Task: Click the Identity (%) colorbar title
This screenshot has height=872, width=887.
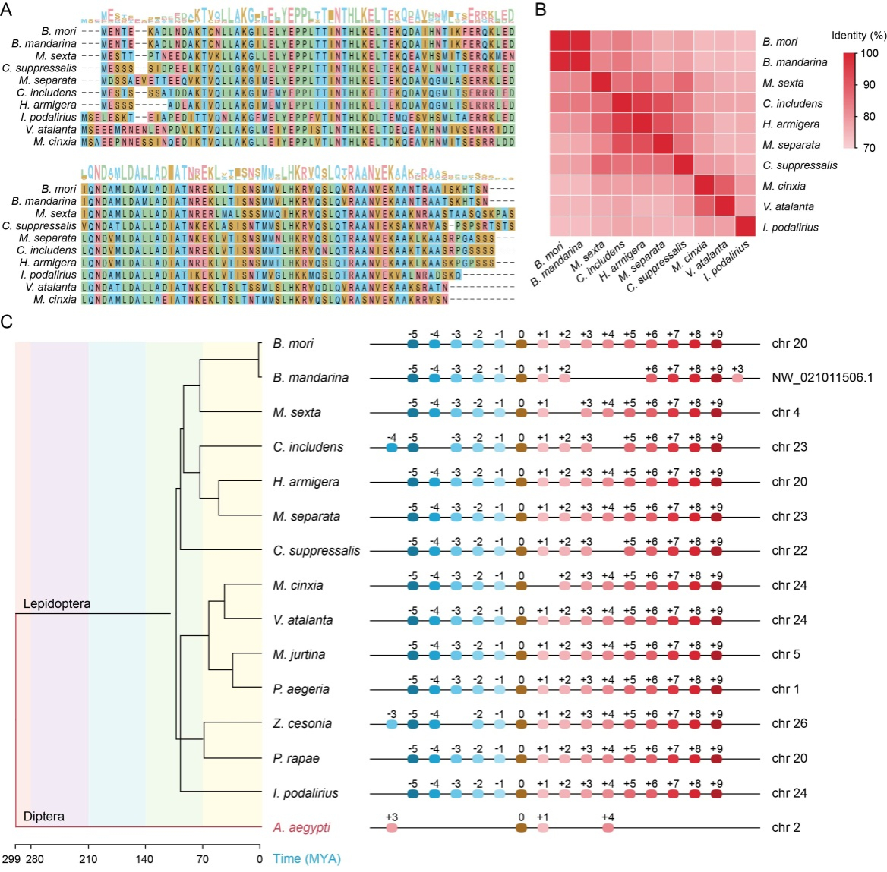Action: coord(859,36)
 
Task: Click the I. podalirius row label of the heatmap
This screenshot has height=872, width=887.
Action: coord(790,227)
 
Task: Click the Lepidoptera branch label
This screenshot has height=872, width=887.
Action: coord(57,604)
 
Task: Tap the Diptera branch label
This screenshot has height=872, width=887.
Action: coord(43,817)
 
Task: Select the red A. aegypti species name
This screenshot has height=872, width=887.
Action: coord(301,827)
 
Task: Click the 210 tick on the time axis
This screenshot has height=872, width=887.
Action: coord(89,859)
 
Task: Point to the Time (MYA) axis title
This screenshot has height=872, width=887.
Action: coord(307,859)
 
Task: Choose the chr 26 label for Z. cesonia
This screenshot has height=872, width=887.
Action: coord(790,724)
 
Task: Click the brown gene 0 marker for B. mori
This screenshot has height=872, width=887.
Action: coord(521,344)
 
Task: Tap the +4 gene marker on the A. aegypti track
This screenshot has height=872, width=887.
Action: coord(608,827)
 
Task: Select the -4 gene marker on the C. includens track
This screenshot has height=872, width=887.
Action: coord(392,448)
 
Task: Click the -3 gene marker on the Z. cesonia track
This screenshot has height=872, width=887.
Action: coord(392,724)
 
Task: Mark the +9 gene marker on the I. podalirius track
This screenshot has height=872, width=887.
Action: coord(716,793)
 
